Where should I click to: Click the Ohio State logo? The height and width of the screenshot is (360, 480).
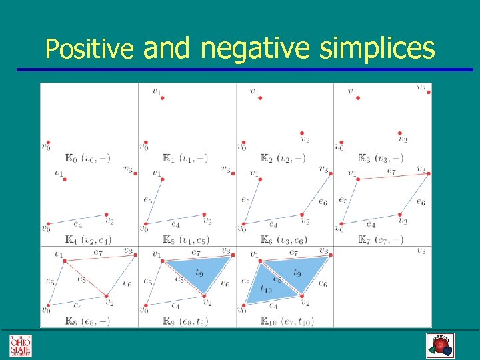click(20, 345)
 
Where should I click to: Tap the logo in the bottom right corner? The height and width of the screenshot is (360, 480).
click(439, 345)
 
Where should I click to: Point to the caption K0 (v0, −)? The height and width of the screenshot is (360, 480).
click(87, 159)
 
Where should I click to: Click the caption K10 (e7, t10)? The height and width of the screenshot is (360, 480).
click(287, 321)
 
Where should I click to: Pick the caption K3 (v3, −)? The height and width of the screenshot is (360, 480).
click(381, 159)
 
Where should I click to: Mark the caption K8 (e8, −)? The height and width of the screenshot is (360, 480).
click(87, 321)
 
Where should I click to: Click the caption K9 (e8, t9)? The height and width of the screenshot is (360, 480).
click(185, 321)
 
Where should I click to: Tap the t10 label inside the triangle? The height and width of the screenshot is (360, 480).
click(266, 289)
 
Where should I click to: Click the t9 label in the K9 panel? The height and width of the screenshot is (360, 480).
click(199, 272)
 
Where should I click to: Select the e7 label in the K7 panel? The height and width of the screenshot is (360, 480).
click(393, 171)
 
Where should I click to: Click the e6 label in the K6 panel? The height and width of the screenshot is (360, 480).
click(323, 202)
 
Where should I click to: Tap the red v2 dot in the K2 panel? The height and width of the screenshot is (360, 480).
click(302, 133)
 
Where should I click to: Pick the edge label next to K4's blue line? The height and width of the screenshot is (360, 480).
click(77, 225)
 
